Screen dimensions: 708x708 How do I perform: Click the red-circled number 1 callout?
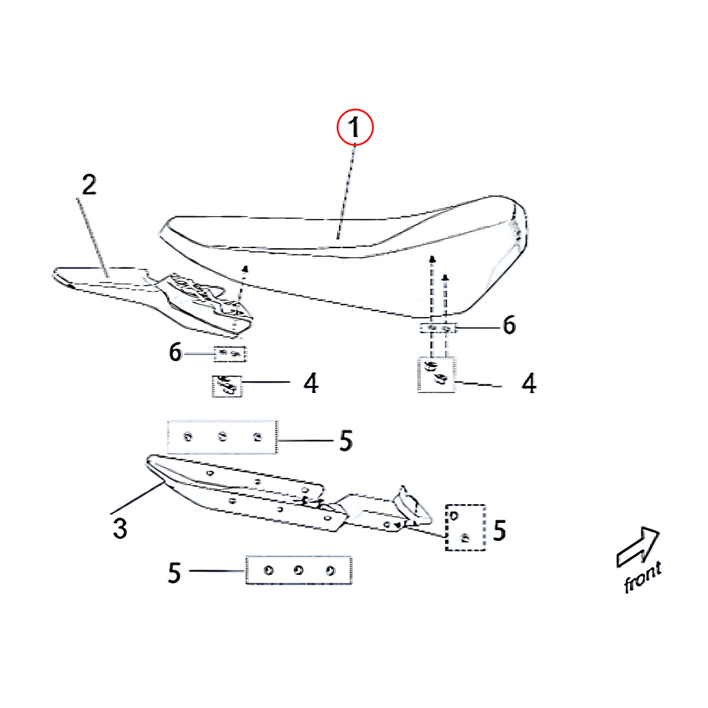pyautogui.click(x=355, y=127)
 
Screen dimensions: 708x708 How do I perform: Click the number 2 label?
pyautogui.click(x=89, y=185)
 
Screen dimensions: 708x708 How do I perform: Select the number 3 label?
pyautogui.click(x=120, y=528)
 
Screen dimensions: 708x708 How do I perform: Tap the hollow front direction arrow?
pyautogui.click(x=638, y=546)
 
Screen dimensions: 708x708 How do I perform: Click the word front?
pyautogui.click(x=642, y=576)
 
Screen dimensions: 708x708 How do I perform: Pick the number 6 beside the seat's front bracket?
pyautogui.click(x=509, y=325)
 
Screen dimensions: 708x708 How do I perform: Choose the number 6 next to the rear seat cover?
pyautogui.click(x=175, y=352)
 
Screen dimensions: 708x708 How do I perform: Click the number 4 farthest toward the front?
pyautogui.click(x=529, y=383)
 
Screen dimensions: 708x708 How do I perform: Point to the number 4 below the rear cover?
pyautogui.click(x=310, y=383)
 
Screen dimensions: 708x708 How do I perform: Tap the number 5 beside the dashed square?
pyautogui.click(x=499, y=531)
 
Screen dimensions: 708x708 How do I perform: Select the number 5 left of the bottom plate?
pyautogui.click(x=174, y=573)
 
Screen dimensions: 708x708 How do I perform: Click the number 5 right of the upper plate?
pyautogui.click(x=346, y=440)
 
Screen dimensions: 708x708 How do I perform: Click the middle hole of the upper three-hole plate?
pyautogui.click(x=222, y=436)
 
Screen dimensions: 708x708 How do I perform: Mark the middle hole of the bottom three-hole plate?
pyautogui.click(x=298, y=570)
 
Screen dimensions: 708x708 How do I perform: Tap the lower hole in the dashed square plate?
pyautogui.click(x=465, y=537)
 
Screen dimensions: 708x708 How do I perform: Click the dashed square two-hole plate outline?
pyautogui.click(x=446, y=527)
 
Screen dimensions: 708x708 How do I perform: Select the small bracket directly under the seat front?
pyautogui.click(x=438, y=328)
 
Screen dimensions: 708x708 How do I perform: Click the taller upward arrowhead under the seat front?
pyautogui.click(x=432, y=260)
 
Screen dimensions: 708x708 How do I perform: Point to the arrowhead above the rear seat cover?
pyautogui.click(x=245, y=270)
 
